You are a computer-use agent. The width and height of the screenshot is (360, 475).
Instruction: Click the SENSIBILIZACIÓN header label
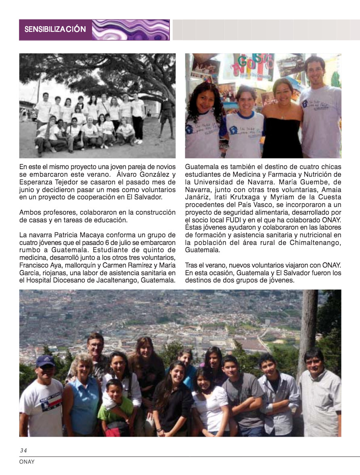point(55,29)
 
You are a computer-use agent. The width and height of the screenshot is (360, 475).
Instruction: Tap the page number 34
point(23,450)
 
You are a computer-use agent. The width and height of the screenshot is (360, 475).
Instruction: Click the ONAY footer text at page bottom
point(27,462)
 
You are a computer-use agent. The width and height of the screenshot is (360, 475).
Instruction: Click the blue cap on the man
point(45,360)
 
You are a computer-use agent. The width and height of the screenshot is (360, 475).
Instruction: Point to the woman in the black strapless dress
point(283,121)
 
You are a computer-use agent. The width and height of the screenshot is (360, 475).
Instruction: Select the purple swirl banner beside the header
point(131,29)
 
